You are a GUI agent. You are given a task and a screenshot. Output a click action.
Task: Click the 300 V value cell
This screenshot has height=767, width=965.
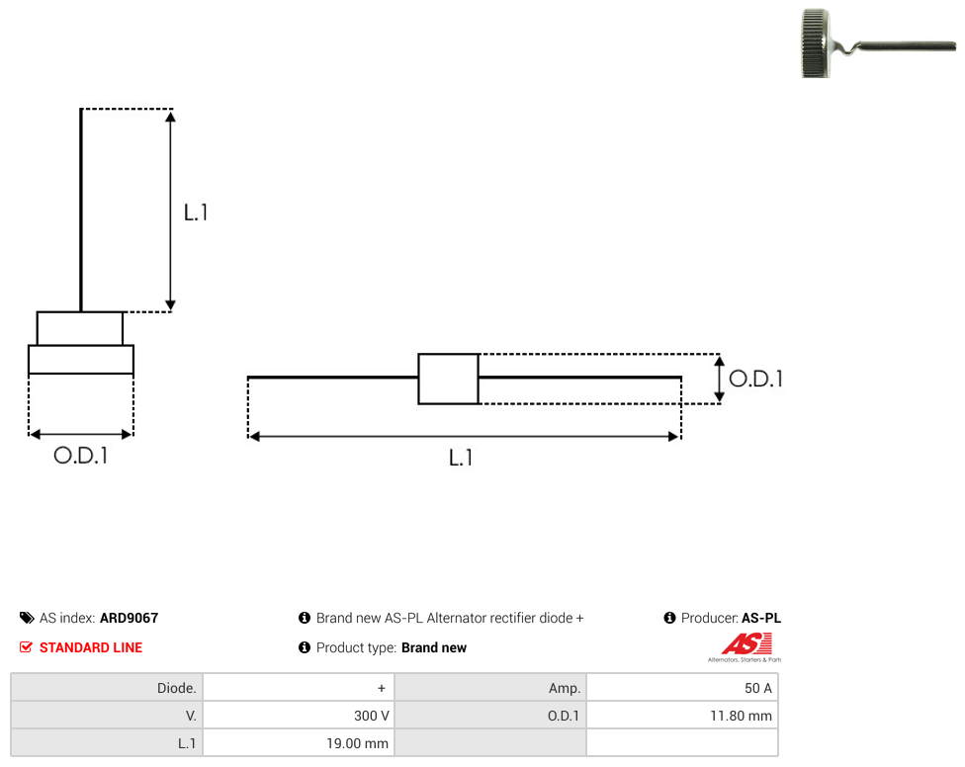299,716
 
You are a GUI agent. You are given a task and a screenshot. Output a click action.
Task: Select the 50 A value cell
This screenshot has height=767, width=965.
682,688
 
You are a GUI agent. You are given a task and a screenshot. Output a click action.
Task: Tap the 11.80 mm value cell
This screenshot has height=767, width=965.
682,716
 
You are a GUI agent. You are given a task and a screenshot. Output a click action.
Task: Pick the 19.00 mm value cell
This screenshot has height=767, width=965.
299,743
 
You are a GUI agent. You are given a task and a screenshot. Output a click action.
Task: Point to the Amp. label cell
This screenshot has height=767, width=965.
489,688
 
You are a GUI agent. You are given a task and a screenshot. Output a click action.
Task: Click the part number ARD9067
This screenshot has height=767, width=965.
130,618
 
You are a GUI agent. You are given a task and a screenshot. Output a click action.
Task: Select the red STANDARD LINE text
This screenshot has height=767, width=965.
91,647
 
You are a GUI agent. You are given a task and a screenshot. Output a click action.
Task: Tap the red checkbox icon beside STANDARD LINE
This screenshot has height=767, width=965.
26,647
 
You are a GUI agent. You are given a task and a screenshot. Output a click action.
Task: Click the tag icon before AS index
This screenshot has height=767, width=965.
27,618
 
